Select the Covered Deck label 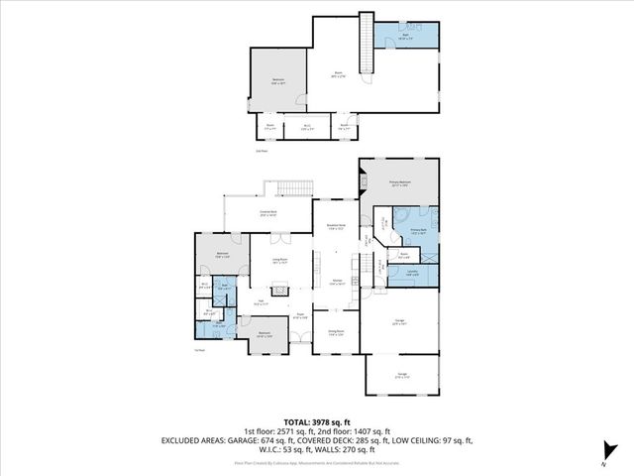[x=267, y=212]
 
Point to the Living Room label [x=279, y=261]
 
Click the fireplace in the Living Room [x=281, y=291]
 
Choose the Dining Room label [x=336, y=332]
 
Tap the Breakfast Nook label [x=335, y=227]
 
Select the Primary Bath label [x=417, y=232]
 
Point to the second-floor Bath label [x=405, y=36]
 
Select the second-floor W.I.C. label [x=308, y=127]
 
